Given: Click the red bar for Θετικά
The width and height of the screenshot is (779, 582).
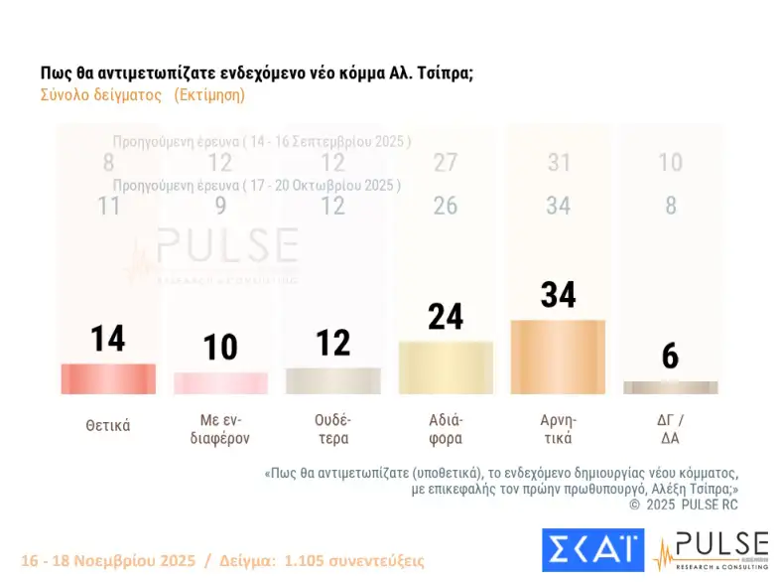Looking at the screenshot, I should click(x=108, y=378).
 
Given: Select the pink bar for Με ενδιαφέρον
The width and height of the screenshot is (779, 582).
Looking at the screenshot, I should click(x=220, y=382).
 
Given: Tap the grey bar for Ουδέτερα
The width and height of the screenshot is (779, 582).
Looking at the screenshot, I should click(x=332, y=380).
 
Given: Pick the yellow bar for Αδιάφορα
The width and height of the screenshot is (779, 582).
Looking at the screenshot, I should click(x=446, y=367).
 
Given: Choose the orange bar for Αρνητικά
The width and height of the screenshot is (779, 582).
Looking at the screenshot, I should click(x=558, y=357).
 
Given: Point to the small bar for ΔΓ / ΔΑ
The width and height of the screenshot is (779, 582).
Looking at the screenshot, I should click(x=670, y=387).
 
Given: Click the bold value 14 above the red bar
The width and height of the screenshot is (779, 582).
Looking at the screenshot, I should click(x=108, y=339).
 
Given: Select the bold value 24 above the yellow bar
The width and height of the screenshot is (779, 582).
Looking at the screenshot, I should click(x=446, y=316).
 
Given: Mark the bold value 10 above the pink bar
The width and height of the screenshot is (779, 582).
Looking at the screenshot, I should click(x=220, y=347).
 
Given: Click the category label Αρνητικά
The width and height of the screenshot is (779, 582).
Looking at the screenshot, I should click(x=558, y=428).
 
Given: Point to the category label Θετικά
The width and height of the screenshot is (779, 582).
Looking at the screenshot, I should click(x=108, y=425).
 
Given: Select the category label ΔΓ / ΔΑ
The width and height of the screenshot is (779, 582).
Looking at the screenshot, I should click(x=670, y=428).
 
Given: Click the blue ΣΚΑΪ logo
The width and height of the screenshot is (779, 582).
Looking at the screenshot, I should click(x=592, y=549).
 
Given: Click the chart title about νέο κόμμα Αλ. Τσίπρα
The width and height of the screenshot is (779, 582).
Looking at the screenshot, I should click(x=256, y=73).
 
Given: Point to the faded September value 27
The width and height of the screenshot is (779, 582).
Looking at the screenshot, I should click(x=446, y=163).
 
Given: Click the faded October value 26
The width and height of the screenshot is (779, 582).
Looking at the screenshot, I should click(x=446, y=206).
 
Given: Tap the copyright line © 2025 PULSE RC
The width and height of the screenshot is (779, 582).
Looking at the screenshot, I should click(x=684, y=505).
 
